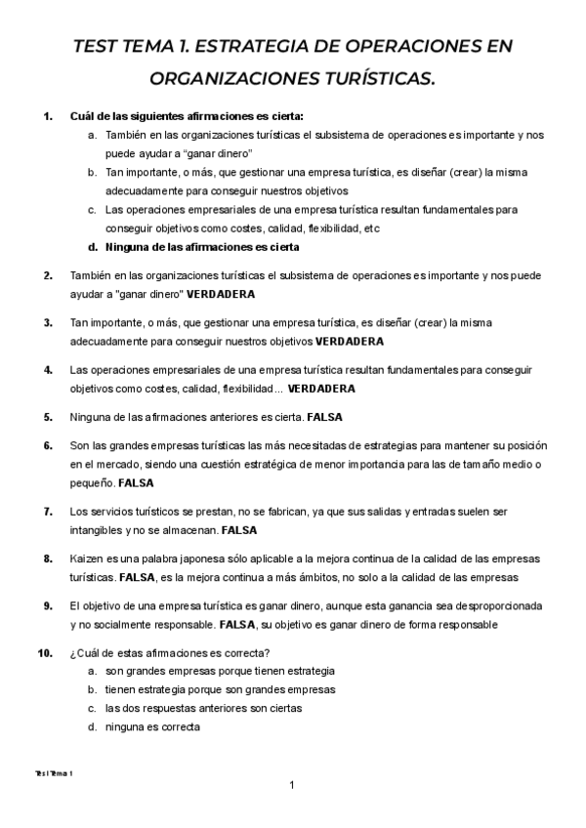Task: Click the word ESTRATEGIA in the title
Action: [x=242, y=47]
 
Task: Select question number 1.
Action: [x=48, y=117]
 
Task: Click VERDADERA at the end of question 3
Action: [x=351, y=342]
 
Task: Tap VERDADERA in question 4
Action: [x=321, y=389]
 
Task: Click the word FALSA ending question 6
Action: [x=136, y=482]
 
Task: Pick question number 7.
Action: [x=48, y=512]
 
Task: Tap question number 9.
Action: [x=48, y=606]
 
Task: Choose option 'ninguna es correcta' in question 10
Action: [x=152, y=726]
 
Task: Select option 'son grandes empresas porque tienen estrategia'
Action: [x=220, y=671]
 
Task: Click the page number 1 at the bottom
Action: [x=292, y=785]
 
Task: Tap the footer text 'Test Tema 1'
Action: [x=53, y=771]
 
